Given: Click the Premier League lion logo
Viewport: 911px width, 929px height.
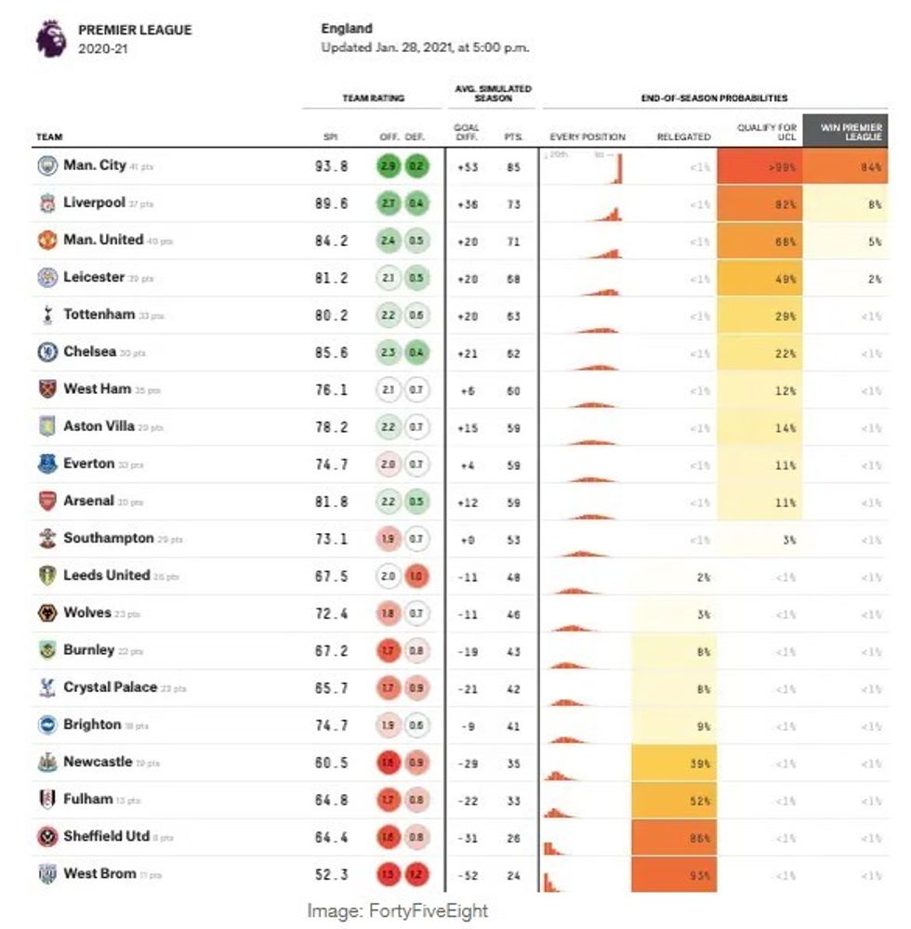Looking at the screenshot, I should click(50, 38).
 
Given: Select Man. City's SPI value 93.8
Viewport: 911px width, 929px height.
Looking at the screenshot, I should click(331, 166).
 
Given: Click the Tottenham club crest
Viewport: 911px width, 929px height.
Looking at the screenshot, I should click(47, 315).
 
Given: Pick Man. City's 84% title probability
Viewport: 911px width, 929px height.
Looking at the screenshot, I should click(845, 167).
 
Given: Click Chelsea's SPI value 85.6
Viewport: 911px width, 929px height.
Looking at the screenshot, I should click(331, 353).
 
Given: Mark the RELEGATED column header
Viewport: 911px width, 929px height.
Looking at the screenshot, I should click(683, 137).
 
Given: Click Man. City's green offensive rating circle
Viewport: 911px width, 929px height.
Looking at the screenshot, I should click(389, 166).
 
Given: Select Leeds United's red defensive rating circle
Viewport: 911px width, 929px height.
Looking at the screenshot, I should click(417, 576).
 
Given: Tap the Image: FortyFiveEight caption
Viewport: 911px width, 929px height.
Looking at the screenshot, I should click(397, 911).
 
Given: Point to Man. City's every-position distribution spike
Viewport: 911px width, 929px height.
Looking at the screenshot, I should click(619, 169).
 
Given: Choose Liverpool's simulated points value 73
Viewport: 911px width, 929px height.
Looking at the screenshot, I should click(513, 204).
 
